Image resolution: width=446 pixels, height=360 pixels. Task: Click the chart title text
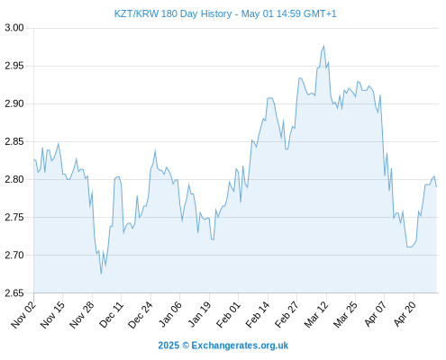[225, 13]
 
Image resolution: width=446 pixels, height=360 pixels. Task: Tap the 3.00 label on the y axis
[14, 28]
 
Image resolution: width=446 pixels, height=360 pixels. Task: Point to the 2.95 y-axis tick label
[14, 66]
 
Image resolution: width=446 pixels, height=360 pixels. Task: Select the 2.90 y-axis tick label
[14, 103]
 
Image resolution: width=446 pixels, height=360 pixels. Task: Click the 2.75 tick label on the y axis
[14, 217]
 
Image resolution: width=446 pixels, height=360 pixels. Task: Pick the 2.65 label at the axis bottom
[14, 293]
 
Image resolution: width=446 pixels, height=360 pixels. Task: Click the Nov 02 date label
[23, 314]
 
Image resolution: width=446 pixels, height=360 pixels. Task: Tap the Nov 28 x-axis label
[82, 314]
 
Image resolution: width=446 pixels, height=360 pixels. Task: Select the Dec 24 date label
[141, 314]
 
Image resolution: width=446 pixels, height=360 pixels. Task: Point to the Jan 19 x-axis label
[199, 314]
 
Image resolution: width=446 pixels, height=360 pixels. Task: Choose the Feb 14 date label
[258, 314]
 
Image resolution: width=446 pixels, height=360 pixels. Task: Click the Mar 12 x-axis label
[316, 314]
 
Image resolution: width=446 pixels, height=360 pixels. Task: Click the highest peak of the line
[323, 46]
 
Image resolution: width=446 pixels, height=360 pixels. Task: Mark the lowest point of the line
[101, 274]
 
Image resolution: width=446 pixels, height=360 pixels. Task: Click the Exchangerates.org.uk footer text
[240, 346]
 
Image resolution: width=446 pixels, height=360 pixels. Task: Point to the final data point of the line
[436, 187]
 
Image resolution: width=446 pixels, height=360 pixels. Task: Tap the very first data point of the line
[34, 160]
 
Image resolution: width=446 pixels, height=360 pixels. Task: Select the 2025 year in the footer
[168, 346]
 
